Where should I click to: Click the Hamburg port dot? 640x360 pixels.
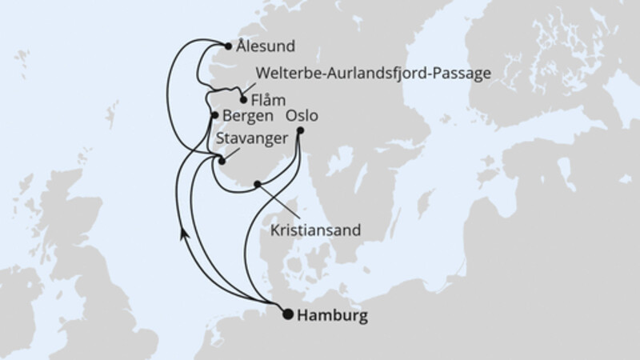point(288,314)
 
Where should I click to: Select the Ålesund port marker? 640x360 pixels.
point(229,46)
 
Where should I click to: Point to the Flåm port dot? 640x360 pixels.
point(243,101)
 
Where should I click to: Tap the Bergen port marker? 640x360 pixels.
point(214,116)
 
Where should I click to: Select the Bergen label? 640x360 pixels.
point(248,116)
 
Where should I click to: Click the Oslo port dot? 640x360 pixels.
point(300,130)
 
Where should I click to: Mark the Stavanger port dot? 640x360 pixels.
point(222,160)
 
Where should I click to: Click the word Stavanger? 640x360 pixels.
point(252,139)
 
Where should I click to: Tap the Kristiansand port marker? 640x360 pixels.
point(257,185)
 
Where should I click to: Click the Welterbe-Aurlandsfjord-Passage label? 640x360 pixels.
point(373,74)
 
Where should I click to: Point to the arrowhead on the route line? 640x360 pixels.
point(184,231)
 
